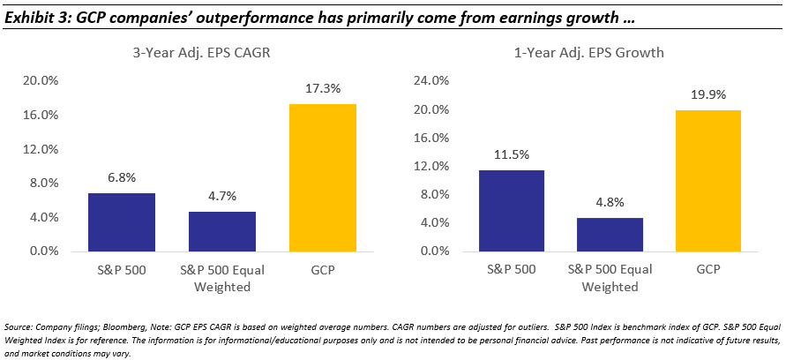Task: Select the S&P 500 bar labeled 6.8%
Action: click(122, 221)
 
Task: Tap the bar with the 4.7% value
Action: click(222, 231)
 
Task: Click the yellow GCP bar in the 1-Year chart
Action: click(707, 180)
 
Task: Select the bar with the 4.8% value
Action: click(610, 234)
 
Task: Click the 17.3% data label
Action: click(323, 89)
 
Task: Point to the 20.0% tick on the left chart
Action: click(41, 81)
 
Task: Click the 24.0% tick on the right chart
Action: click(426, 81)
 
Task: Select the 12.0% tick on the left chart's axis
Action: click(41, 149)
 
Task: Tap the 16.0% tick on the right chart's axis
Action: click(426, 138)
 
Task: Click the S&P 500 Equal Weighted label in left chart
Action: click(222, 279)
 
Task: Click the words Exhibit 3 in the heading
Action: click(35, 18)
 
